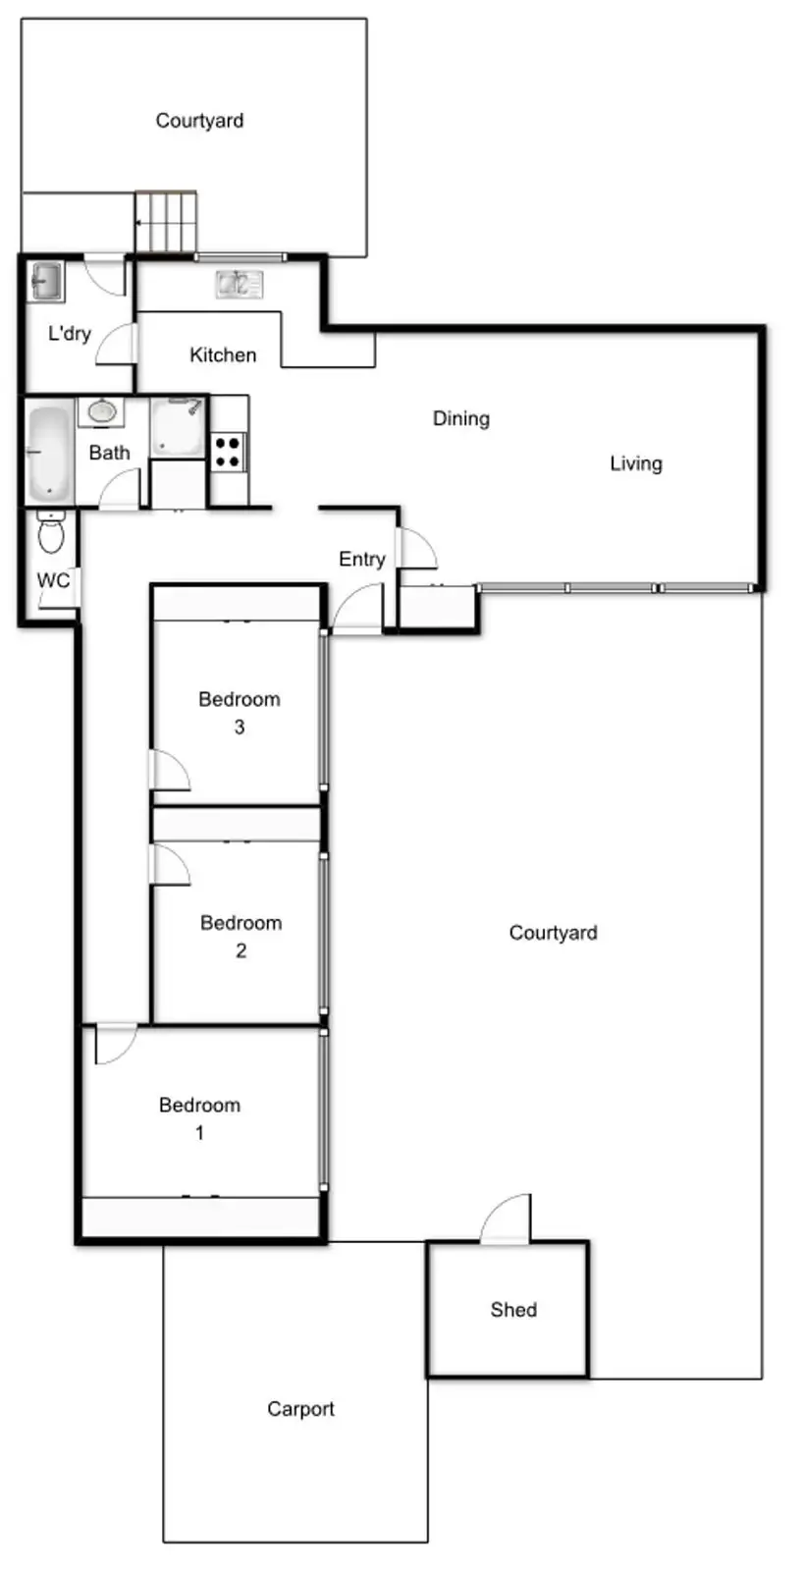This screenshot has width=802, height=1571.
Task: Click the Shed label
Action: (513, 1310)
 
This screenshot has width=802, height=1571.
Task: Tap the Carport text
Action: (300, 1409)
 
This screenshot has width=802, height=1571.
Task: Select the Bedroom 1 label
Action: (200, 1118)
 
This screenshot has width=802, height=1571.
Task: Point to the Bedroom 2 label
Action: (241, 937)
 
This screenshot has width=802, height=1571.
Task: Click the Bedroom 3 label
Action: (240, 713)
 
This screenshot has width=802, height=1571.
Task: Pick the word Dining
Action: (461, 418)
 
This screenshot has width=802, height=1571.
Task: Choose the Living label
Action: (636, 463)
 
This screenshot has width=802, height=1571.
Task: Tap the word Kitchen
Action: (223, 354)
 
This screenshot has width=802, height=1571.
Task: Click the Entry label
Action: (362, 559)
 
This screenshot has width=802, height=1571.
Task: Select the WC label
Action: (53, 580)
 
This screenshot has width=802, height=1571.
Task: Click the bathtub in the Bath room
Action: (49, 451)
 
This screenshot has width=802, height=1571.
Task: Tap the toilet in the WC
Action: (50, 533)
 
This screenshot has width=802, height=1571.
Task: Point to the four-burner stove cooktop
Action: (227, 452)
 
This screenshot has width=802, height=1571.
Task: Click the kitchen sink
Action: (240, 284)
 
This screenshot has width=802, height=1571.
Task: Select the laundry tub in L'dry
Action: (46, 281)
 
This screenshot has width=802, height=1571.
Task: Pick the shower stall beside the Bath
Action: (178, 427)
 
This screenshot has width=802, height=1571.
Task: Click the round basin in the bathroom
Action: (102, 411)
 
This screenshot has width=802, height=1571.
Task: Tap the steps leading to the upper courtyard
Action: (166, 221)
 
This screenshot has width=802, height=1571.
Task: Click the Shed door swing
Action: (506, 1219)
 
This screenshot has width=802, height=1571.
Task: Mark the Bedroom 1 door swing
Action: (115, 1045)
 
